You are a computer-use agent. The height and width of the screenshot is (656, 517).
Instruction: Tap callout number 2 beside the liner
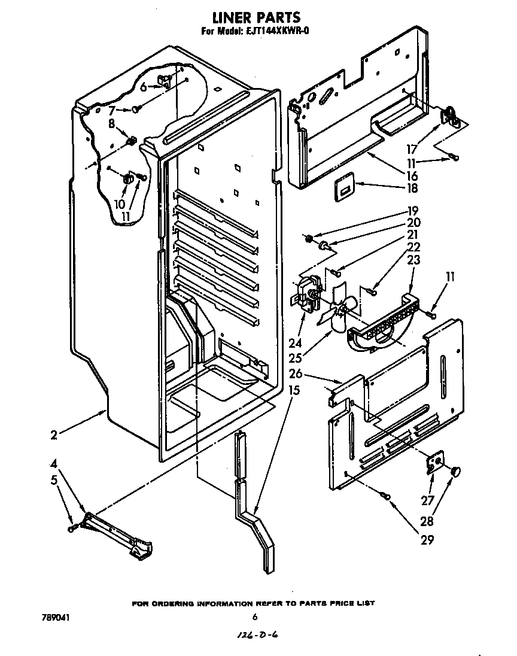pyautogui.click(x=54, y=435)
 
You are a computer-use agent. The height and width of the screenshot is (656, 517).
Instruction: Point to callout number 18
pyautogui.click(x=412, y=188)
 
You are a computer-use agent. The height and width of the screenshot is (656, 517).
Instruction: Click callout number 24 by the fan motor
pyautogui.click(x=294, y=344)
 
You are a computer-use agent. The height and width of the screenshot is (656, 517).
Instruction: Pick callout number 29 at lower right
pyautogui.click(x=427, y=539)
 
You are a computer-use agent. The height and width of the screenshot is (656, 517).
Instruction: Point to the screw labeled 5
pyautogui.click(x=73, y=527)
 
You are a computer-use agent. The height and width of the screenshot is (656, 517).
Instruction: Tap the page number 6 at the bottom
pyautogui.click(x=255, y=617)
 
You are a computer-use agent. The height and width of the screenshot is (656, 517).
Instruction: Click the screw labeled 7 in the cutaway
pyautogui.click(x=137, y=109)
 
